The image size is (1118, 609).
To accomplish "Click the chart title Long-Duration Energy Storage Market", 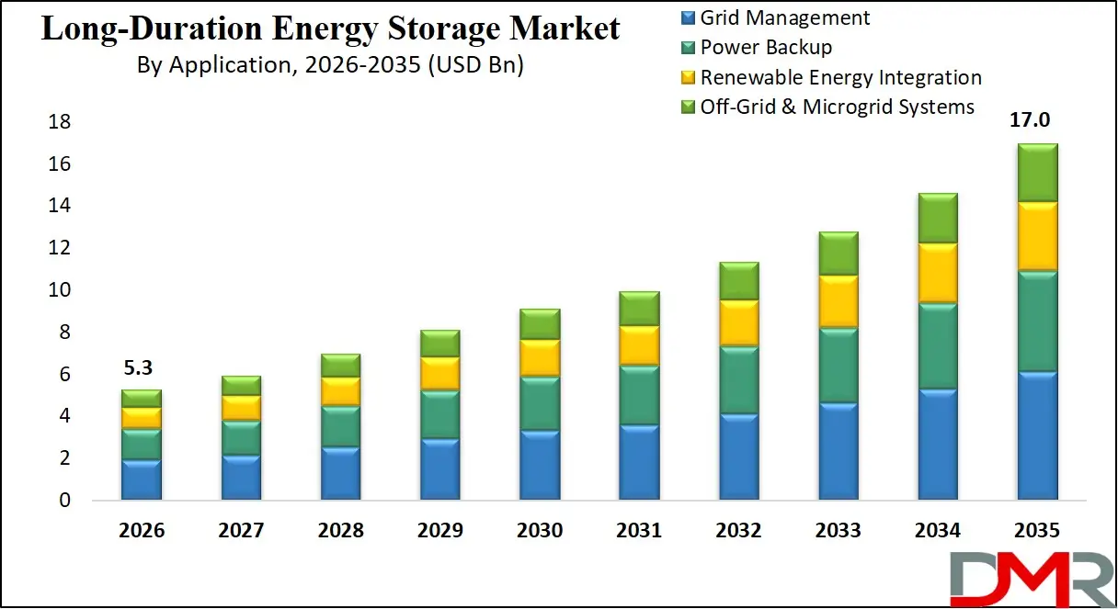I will pos(330,28).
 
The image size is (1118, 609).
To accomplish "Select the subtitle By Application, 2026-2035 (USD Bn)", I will pos(330,65).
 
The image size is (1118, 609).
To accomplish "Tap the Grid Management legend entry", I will pos(784,17).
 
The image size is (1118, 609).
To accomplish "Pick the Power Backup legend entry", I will pos(766,47).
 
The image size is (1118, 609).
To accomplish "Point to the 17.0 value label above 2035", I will pos(1036,121).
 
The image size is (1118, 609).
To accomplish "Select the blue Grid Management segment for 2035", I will pos(1036,435).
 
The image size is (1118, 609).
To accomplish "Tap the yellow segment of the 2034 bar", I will pos(937,272).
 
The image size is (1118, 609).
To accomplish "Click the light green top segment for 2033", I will pos(838,253).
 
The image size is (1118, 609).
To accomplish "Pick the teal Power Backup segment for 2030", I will pos(540,402).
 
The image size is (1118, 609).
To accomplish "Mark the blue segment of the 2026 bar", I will pos(142,479).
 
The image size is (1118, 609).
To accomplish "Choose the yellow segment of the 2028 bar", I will pos(340,390).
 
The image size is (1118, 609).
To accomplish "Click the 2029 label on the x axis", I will pos(440,531).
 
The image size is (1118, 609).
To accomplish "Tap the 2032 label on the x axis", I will pos(738,531).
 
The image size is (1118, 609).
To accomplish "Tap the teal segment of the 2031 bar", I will pos(639,395).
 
